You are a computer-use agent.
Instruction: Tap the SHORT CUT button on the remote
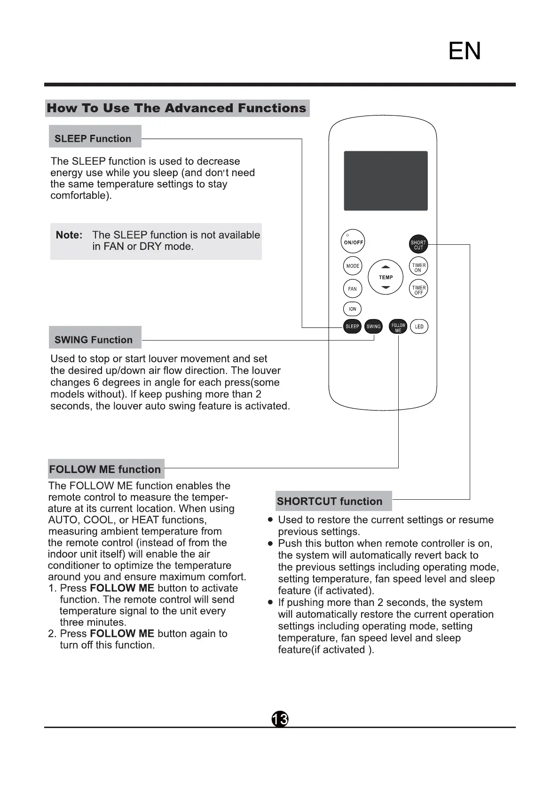(x=418, y=245)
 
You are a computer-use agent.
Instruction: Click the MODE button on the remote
(x=353, y=266)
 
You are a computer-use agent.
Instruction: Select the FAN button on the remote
(x=353, y=289)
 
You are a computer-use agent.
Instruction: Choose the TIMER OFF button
(x=418, y=290)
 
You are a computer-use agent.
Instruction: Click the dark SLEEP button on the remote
(x=352, y=326)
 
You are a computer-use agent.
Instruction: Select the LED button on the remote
(x=419, y=326)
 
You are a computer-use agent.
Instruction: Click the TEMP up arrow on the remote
(x=386, y=267)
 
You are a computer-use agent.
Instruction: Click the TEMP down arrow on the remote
(x=386, y=287)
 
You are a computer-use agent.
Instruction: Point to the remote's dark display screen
(x=386, y=181)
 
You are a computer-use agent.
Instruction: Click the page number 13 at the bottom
(x=280, y=719)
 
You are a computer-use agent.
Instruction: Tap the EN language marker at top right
(x=465, y=51)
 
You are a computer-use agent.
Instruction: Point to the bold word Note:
(x=69, y=235)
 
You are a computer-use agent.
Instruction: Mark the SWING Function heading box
(x=95, y=340)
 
